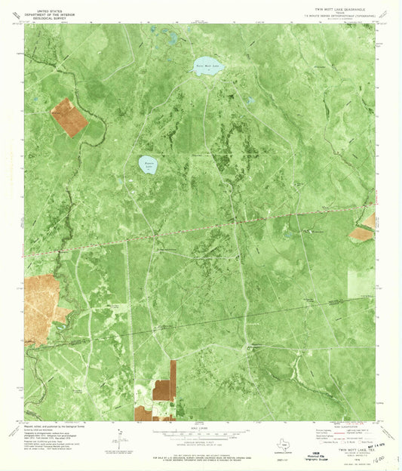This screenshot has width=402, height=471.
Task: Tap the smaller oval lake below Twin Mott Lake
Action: (148, 163)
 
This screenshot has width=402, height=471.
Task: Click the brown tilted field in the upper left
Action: (69, 118)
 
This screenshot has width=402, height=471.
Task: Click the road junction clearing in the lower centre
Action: (249, 346)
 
